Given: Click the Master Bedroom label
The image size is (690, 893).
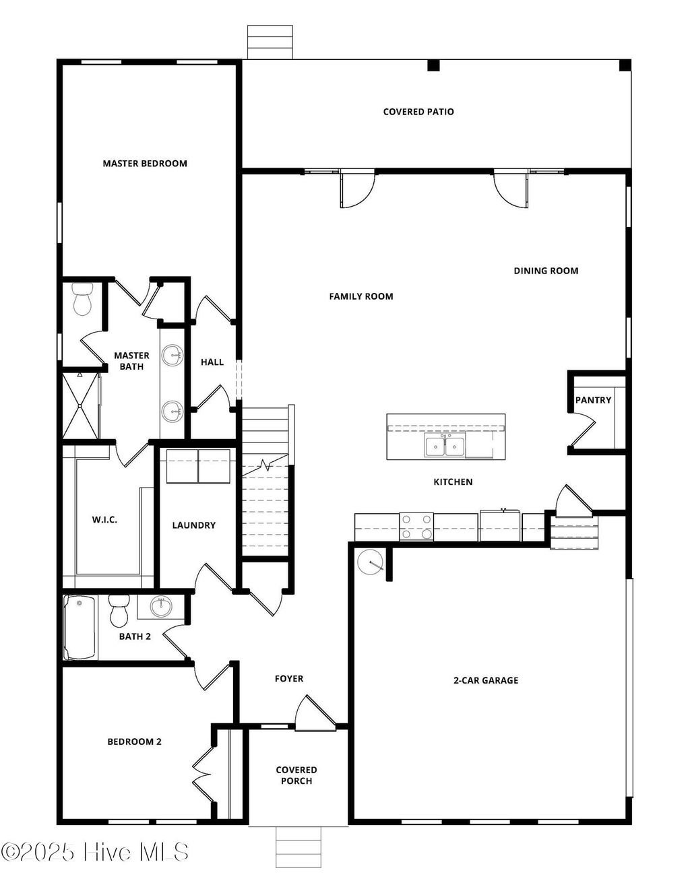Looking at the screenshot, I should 145,163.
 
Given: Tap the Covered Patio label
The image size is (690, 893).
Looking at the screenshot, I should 418,112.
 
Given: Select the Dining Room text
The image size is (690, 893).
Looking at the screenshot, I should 546,271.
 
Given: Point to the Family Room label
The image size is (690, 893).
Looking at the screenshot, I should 361,296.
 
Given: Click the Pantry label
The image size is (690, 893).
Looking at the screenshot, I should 593,400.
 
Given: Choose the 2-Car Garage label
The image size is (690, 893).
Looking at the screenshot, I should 486,680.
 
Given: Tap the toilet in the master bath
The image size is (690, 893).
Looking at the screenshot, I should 82,300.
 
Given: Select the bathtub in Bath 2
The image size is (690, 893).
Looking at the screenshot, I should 80,628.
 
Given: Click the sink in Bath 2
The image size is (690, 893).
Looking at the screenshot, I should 161,606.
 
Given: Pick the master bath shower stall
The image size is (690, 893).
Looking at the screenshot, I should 80,405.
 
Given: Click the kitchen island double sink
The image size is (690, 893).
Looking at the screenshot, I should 444,446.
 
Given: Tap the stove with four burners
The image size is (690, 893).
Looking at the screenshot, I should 416,527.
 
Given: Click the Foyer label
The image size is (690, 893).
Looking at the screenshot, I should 289,679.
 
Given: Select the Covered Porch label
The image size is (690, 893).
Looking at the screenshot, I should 296,775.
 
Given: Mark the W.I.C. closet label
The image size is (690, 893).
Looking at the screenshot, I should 104,519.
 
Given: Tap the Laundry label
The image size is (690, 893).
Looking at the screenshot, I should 193,525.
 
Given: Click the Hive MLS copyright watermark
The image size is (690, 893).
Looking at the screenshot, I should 95,853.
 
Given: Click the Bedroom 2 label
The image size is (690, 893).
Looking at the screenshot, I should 135,741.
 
